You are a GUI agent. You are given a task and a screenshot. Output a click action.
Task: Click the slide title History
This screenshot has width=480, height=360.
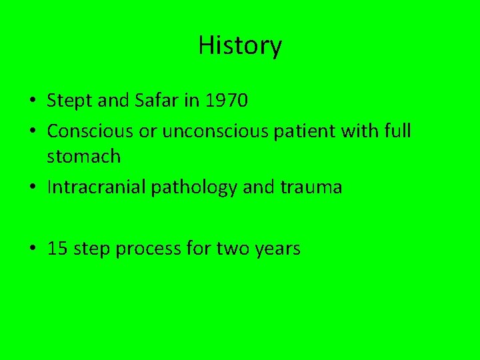click(240, 45)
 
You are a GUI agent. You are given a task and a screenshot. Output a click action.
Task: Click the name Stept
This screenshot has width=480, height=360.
click(69, 101)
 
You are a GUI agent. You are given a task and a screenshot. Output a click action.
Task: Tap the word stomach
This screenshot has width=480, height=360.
click(84, 157)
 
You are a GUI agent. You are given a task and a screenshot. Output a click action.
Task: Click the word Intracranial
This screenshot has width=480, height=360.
click(97, 187)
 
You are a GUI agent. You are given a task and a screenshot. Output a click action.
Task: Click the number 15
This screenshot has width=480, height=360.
click(58, 249)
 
